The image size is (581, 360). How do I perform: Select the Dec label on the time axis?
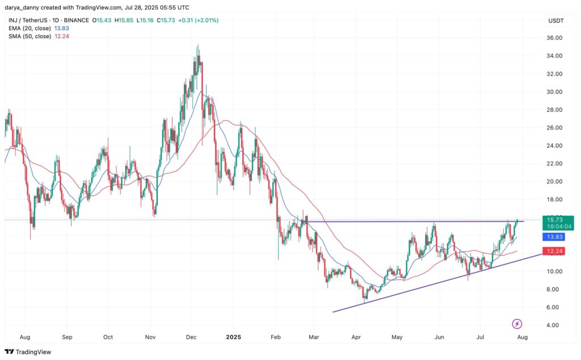(191, 337)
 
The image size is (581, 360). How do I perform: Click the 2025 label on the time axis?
(233, 337)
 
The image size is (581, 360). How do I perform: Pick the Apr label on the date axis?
(356, 337)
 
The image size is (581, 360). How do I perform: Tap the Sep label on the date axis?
(68, 337)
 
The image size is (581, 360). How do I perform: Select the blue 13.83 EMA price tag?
(553, 237)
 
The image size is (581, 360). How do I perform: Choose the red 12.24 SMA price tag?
(553, 251)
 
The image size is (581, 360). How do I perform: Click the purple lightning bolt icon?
(517, 324)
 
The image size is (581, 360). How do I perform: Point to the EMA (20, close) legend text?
(30, 28)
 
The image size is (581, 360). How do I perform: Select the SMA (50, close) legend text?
(30, 36)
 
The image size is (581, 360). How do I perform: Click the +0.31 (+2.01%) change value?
(197, 20)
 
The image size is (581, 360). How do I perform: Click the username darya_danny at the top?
(22, 7)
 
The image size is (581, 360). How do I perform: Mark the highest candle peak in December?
(197, 45)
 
